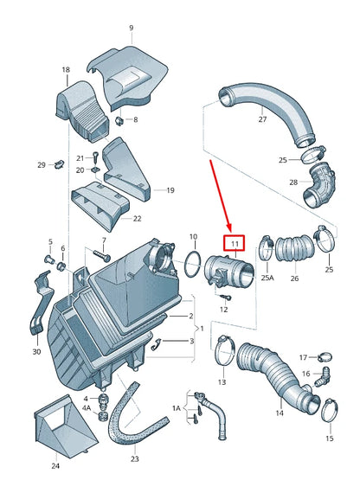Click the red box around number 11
(x=235, y=245)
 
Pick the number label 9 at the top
(x=132, y=28)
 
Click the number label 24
(x=55, y=466)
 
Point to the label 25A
(x=267, y=279)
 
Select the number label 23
(x=134, y=459)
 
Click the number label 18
(x=66, y=69)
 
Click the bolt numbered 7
(x=99, y=254)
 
